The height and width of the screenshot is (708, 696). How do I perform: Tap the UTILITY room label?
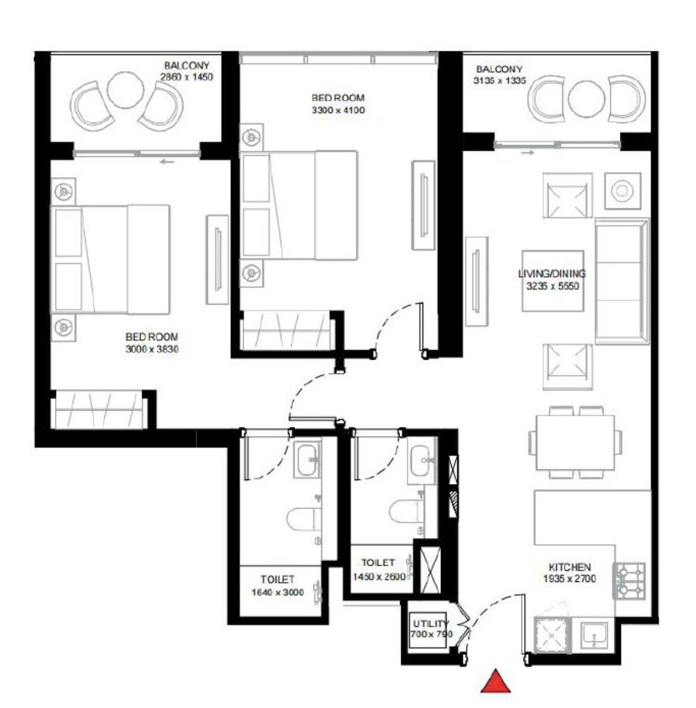[x=431, y=623]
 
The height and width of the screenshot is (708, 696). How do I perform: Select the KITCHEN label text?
[x=569, y=567]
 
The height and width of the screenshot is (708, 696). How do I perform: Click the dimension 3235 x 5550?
[x=552, y=286]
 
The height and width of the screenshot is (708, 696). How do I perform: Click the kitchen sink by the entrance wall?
[x=594, y=634]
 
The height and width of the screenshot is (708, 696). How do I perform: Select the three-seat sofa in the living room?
[x=621, y=281]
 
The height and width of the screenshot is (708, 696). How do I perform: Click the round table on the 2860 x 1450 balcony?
[x=126, y=90]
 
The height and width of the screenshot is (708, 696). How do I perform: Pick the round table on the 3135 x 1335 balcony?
[x=586, y=99]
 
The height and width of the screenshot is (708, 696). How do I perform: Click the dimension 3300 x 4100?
[x=338, y=110]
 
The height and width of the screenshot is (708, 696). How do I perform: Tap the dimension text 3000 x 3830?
[x=152, y=348]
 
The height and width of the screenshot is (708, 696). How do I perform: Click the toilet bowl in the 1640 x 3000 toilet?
[x=304, y=519]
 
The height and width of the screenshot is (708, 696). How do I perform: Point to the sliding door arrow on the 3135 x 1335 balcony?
[x=528, y=152]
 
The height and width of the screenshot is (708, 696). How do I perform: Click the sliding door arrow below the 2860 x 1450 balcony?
[x=168, y=162]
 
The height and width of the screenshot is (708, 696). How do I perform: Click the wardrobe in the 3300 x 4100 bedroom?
[x=286, y=330]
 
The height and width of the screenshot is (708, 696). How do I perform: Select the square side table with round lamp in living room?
[x=623, y=190]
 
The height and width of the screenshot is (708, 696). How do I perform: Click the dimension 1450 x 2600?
[x=379, y=576]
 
